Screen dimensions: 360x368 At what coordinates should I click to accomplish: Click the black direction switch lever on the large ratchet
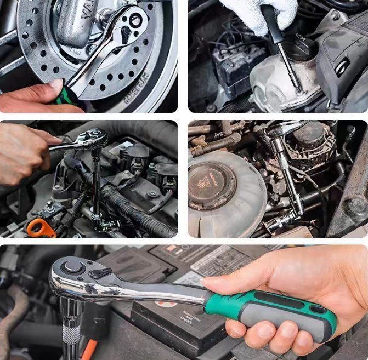click(x=100, y=272)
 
